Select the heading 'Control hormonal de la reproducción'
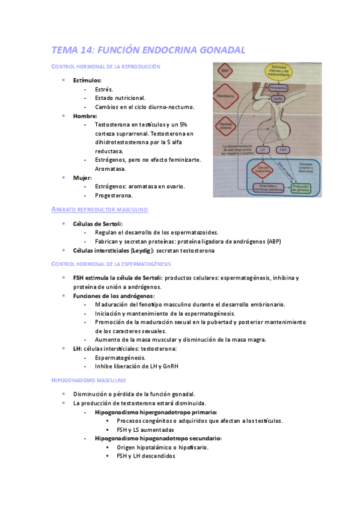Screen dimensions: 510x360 click(x=106, y=66)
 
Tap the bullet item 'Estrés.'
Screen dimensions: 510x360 click(x=104, y=89)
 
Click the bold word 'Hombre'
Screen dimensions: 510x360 click(x=85, y=115)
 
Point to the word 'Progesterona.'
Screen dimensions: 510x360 click(x=114, y=195)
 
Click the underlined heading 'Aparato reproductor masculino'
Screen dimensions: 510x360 click(x=100, y=209)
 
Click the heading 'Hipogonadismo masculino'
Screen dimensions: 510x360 click(x=89, y=380)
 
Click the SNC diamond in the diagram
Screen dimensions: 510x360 click(x=225, y=71)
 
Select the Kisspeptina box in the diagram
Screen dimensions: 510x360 click(x=277, y=87)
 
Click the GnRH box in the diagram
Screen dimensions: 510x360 click(x=278, y=99)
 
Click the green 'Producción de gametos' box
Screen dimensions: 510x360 click(x=304, y=189)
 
